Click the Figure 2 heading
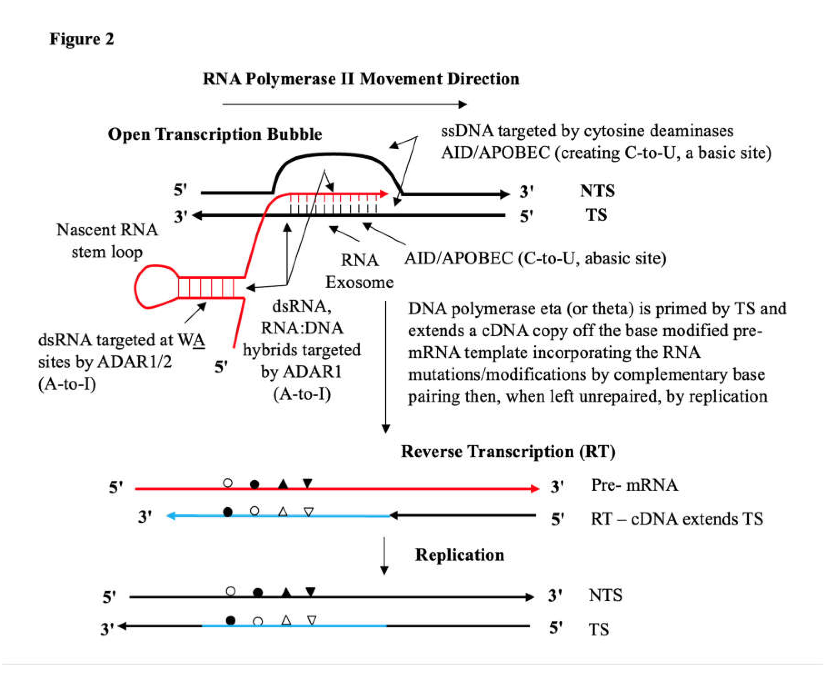pos(82,39)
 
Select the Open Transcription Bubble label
pos(215,134)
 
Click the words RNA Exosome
pos(359,271)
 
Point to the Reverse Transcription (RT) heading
pos(508,451)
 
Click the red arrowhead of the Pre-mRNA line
pos(535,488)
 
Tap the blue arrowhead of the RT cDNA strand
pos(171,516)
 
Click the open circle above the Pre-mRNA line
pos(228,483)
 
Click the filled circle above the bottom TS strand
pos(231,620)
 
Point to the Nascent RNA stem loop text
pos(107,240)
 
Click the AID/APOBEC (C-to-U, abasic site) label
pos(535,258)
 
